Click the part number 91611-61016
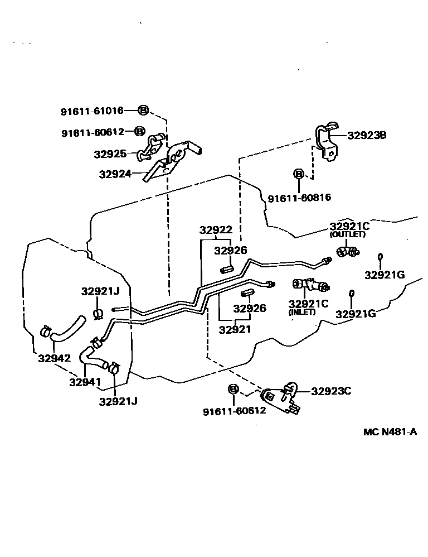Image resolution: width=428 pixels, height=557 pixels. pos(92,111)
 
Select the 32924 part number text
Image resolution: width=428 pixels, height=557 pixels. pos(115,174)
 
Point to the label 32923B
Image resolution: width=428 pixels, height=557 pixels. pos(367,135)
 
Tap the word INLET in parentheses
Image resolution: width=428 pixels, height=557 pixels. pos(302,312)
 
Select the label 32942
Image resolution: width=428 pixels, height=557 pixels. pos(54,358)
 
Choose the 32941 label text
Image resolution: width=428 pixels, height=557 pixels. pos(85,382)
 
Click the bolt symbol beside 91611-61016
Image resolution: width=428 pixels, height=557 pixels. pos(143,111)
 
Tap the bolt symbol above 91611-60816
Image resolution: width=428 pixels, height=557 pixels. pos(299,175)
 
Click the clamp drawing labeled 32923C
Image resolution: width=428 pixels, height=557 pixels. pos(280,397)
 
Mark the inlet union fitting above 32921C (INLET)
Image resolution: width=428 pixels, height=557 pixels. pos(309,285)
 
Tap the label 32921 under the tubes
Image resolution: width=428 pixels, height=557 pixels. pos(235,329)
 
